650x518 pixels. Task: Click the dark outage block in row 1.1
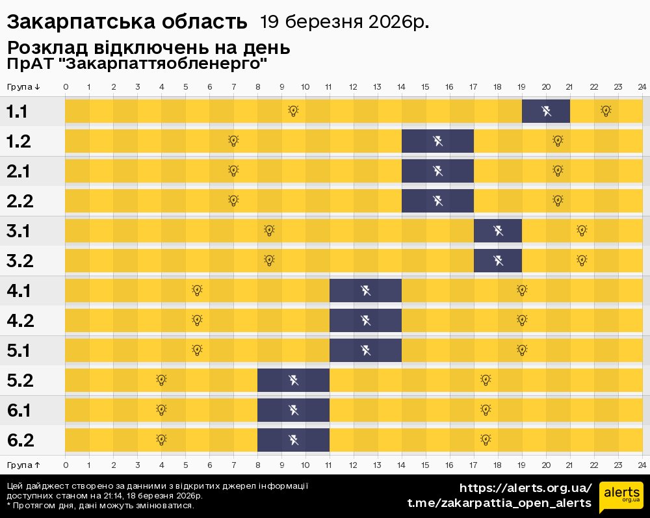click(x=546, y=111)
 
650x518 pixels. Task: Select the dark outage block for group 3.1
click(x=498, y=231)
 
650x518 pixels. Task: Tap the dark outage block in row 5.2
click(x=294, y=380)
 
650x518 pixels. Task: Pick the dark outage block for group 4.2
click(x=365, y=320)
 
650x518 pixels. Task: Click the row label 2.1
click(x=20, y=171)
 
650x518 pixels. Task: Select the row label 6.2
click(x=20, y=440)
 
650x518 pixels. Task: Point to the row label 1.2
click(x=20, y=141)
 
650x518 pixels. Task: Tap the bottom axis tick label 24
click(x=642, y=465)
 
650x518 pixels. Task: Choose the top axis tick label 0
click(x=66, y=87)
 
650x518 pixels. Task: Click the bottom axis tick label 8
click(x=258, y=465)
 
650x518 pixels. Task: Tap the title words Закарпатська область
click(x=127, y=23)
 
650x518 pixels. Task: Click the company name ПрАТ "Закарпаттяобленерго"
click(x=137, y=64)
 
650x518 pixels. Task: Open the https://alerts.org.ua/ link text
click(x=526, y=488)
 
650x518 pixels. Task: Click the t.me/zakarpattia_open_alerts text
click(x=499, y=503)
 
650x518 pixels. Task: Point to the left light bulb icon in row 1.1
click(x=293, y=111)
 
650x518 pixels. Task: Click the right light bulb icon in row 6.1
click(x=486, y=410)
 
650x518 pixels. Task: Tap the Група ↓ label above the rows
click(x=23, y=87)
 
